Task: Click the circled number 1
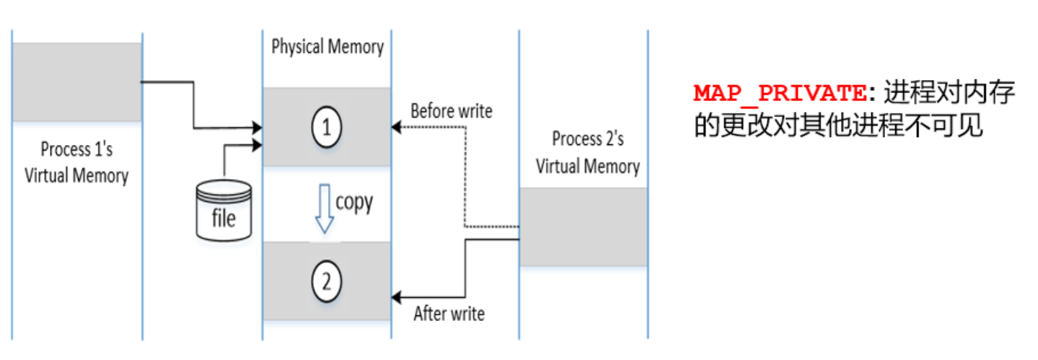(326, 128)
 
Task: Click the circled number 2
(326, 281)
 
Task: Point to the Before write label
(451, 111)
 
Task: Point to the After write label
(449, 314)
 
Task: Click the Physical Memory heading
(327, 48)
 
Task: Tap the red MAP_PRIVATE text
(780, 93)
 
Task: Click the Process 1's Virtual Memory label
(76, 162)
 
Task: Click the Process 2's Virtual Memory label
(587, 152)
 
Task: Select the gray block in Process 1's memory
(76, 82)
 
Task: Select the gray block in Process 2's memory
(583, 227)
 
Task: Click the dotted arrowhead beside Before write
(396, 128)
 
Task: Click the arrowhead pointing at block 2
(396, 297)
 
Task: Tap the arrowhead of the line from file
(257, 144)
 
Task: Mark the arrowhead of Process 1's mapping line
(257, 128)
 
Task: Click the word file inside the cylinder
(224, 217)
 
